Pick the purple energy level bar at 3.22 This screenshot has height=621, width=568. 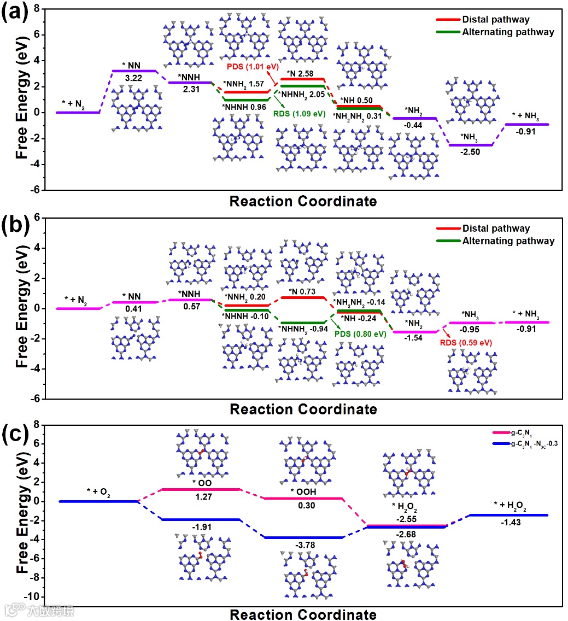[x=134, y=71]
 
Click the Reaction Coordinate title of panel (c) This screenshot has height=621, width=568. [x=303, y=614]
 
